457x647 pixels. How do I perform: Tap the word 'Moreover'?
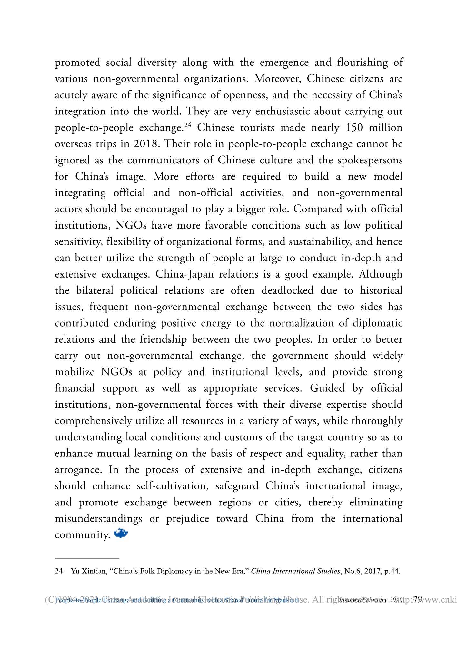coord(278,79)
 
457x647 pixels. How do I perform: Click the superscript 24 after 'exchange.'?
coord(188,125)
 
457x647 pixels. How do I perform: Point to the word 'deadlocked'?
coord(287,290)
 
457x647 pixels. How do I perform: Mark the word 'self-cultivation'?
coord(173,486)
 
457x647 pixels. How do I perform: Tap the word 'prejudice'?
coord(187,519)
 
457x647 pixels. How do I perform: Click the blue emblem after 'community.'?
coord(121,534)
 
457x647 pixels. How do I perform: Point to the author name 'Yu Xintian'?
coord(88,571)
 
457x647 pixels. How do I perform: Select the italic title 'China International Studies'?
coord(295,571)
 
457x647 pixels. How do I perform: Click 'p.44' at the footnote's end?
coord(392,571)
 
